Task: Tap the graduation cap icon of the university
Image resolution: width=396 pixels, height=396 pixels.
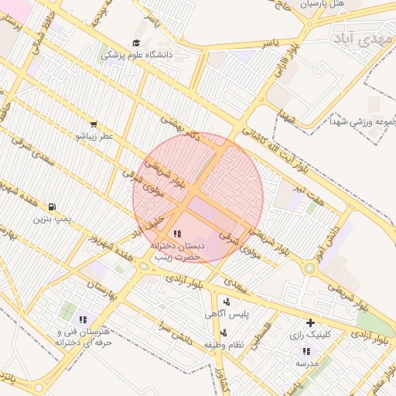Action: [x=136, y=43]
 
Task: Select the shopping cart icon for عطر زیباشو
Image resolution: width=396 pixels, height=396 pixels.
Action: [x=94, y=124]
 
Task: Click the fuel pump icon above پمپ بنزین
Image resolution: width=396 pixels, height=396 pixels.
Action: [x=52, y=207]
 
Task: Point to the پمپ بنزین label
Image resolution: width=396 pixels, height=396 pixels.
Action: [x=52, y=220]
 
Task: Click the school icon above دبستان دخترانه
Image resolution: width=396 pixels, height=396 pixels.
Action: [x=177, y=233]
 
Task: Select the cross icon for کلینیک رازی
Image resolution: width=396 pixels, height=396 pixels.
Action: [x=310, y=323]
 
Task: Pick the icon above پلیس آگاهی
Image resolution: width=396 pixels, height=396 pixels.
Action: [x=227, y=302]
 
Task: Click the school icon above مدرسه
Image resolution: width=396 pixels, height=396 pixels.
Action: [x=305, y=351]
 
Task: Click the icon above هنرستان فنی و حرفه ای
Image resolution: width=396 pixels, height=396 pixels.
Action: [x=83, y=319]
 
